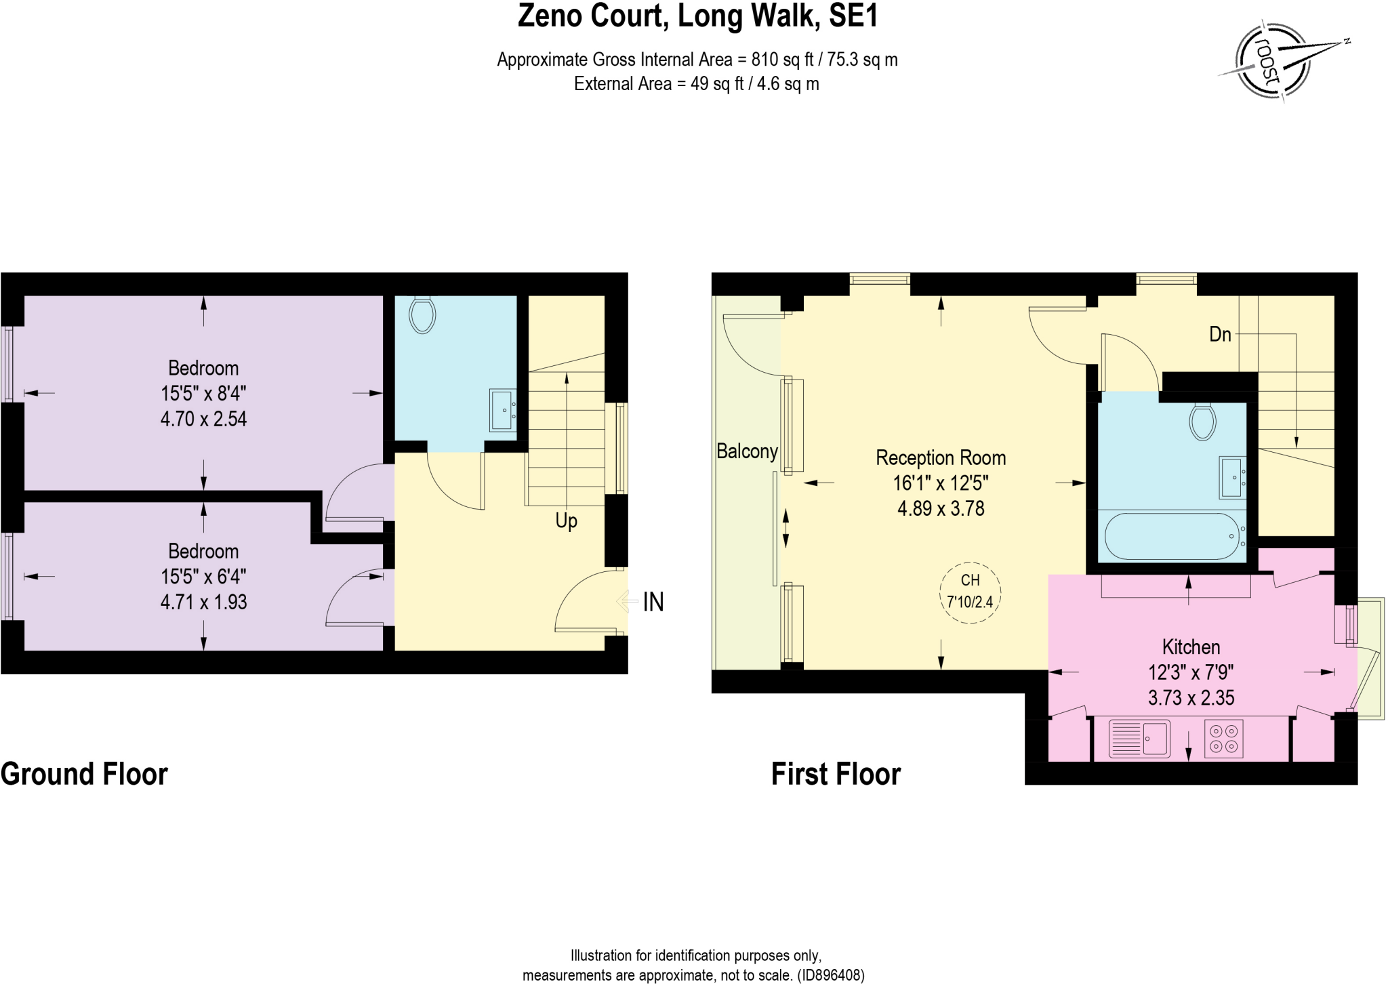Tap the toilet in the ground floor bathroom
[x=422, y=314]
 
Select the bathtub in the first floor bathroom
[x=1175, y=535]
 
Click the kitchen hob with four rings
[x=1223, y=738]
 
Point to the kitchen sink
[x=1139, y=738]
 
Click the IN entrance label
[x=653, y=602]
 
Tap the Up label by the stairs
[x=566, y=520]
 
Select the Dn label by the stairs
[x=1220, y=334]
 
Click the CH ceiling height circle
[x=970, y=592]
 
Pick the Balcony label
[x=747, y=451]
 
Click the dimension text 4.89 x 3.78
[x=941, y=508]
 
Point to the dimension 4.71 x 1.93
[x=203, y=602]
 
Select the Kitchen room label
[x=1191, y=647]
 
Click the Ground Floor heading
[x=84, y=774]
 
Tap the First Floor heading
[x=836, y=774]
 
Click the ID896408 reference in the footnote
[x=831, y=975]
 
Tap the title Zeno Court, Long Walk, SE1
[x=697, y=16]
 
